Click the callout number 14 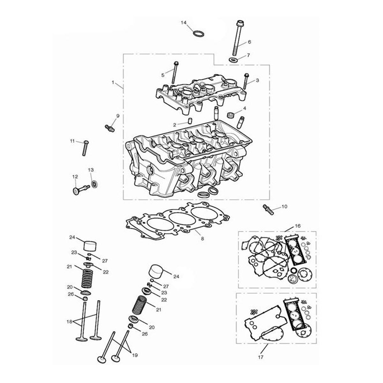(184, 23)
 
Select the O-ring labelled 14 (199, 34)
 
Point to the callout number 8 (202, 239)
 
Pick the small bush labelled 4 (230, 115)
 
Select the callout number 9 (118, 116)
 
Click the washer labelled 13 (94, 184)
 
